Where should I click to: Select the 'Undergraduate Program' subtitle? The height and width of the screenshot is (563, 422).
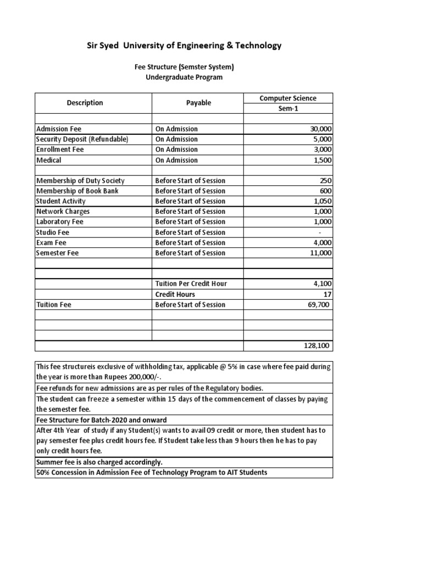(184, 78)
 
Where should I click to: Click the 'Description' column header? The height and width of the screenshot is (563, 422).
(85, 103)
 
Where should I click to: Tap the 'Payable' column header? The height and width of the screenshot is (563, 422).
(198, 103)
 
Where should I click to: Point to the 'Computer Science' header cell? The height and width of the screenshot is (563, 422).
(288, 98)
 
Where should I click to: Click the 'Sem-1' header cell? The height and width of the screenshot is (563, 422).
(288, 108)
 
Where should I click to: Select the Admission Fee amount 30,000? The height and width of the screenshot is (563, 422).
(321, 129)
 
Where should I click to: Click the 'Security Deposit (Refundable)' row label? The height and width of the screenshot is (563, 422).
(82, 139)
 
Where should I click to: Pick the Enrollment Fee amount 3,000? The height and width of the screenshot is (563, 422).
(323, 150)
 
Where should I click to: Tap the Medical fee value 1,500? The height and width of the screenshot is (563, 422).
(323, 160)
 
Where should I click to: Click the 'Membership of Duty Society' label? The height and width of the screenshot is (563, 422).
(80, 181)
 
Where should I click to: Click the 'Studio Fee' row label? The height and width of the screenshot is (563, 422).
(53, 232)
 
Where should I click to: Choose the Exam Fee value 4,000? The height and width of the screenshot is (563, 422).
(323, 242)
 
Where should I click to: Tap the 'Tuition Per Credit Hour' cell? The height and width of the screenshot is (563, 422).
(191, 284)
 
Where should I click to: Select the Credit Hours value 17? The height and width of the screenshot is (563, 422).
(327, 294)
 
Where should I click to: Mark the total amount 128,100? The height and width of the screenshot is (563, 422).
(318, 346)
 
